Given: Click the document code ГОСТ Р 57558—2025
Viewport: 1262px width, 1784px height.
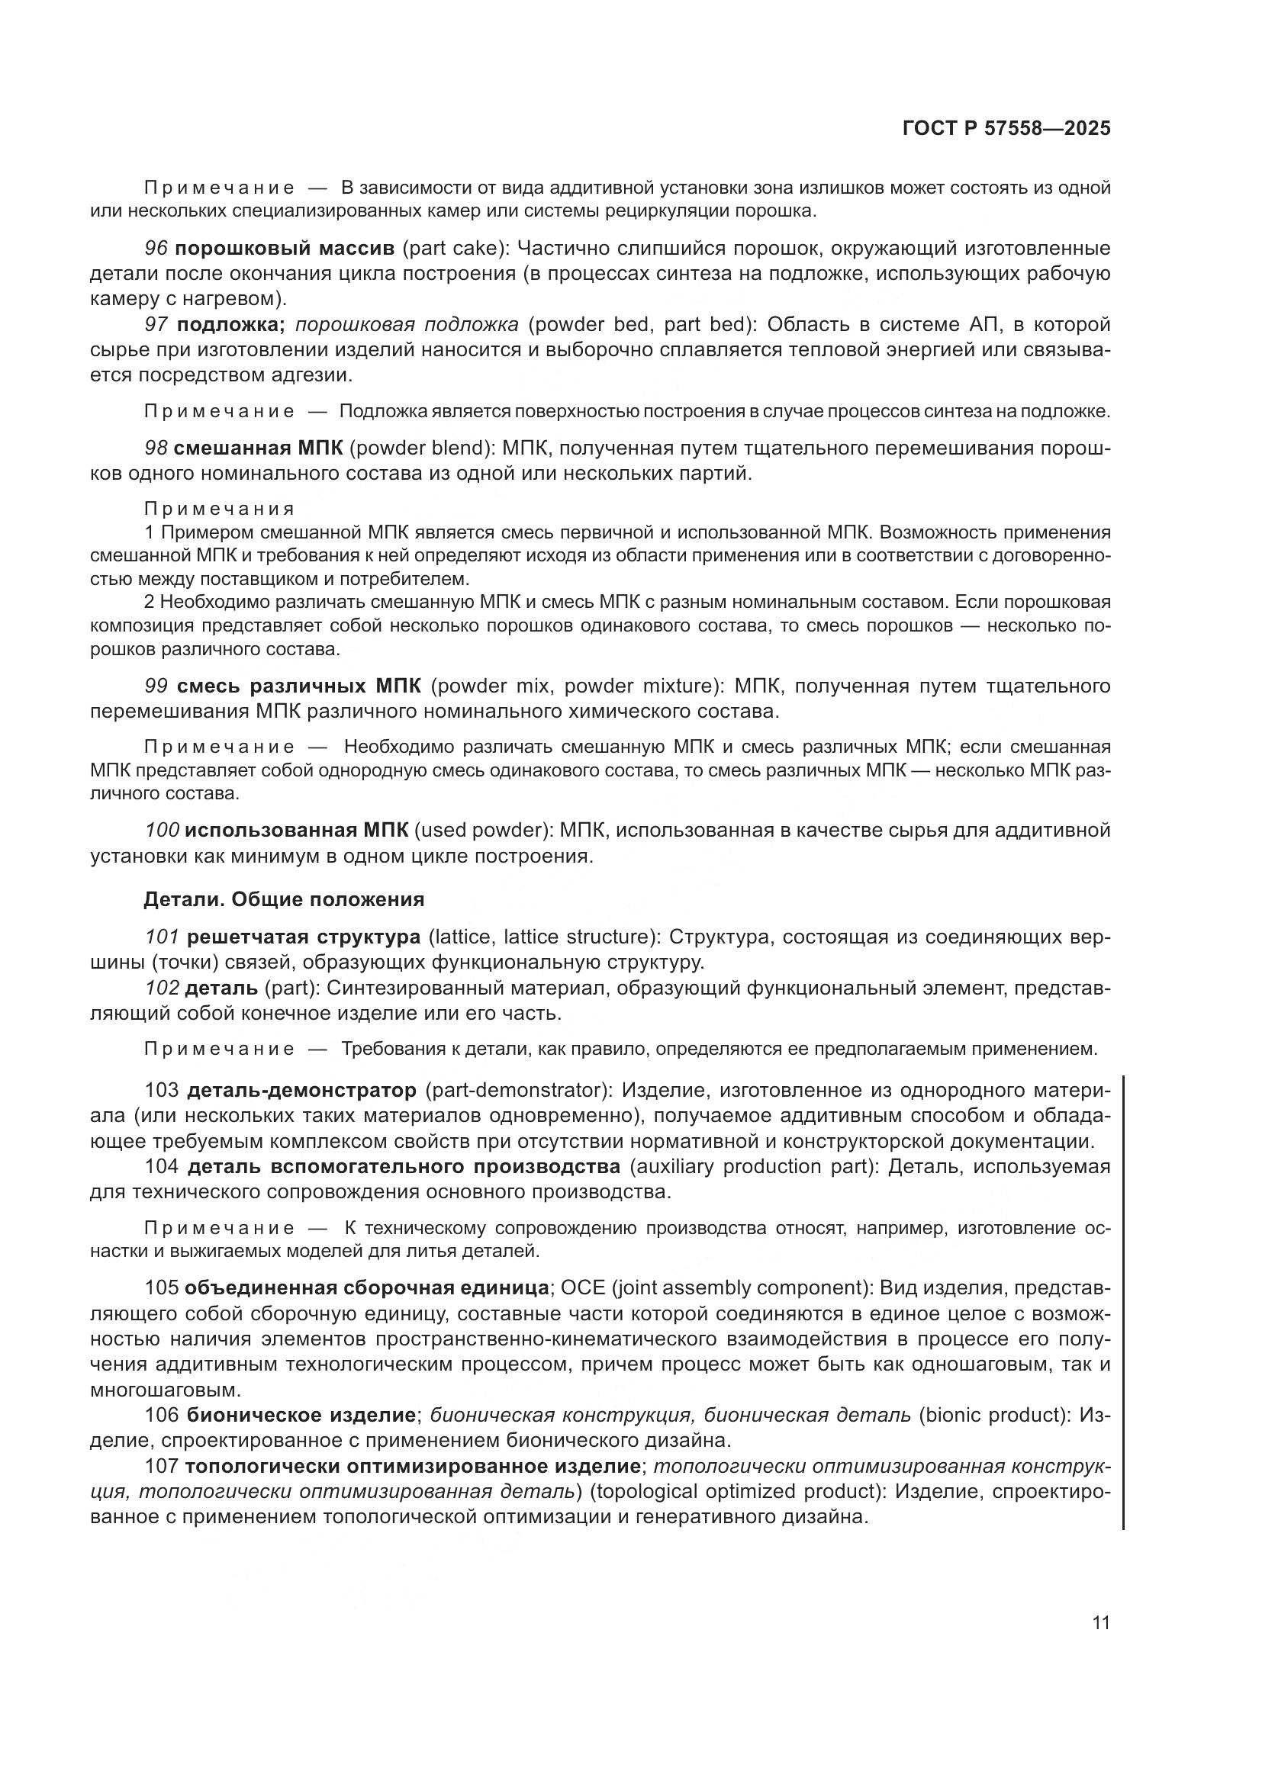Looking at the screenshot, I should (x=1006, y=128).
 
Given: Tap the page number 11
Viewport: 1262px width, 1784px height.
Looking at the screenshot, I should (x=1101, y=1623).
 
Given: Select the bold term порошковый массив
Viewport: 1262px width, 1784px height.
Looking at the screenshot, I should (x=285, y=249).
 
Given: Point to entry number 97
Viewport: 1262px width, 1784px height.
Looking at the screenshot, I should (x=156, y=324).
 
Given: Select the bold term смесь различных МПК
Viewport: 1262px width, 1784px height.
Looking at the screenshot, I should (x=298, y=686).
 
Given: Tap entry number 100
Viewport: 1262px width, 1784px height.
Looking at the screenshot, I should (x=162, y=830).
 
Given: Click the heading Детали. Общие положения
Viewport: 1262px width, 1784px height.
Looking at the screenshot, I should (x=284, y=900).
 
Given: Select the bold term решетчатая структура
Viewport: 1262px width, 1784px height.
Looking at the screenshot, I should (x=303, y=937).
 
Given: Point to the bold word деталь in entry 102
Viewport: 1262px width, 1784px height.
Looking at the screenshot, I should (x=221, y=988).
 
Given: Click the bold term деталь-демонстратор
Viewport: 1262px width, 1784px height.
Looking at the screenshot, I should (x=301, y=1090).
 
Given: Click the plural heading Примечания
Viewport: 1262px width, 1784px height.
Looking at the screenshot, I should (x=219, y=509).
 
